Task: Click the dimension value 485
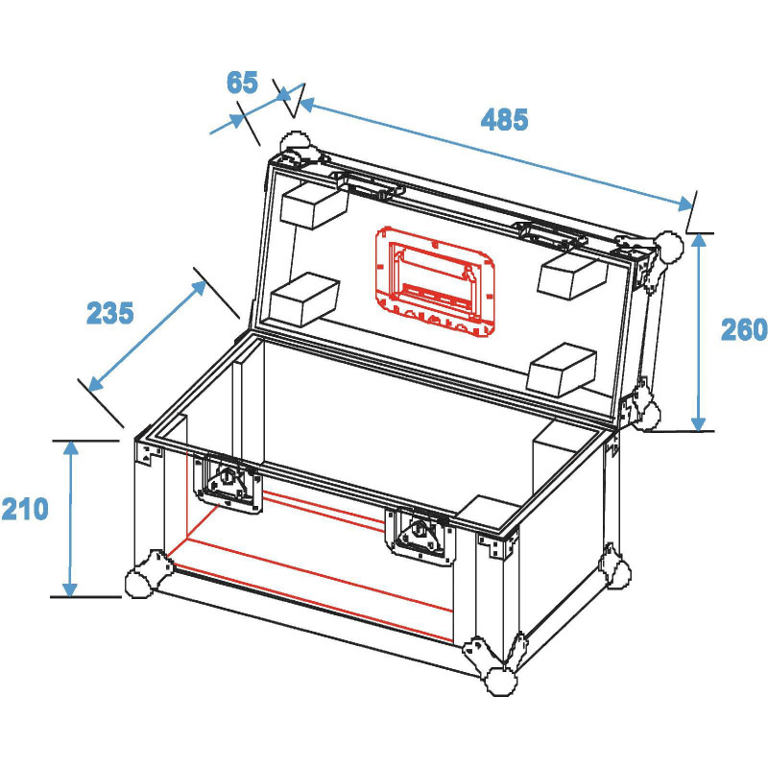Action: (x=504, y=119)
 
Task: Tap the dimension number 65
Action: (x=242, y=83)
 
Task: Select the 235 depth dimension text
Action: (x=109, y=313)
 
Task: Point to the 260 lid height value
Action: (x=743, y=329)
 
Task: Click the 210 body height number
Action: (x=25, y=509)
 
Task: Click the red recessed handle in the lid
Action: (x=435, y=281)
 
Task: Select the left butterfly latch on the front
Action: (x=228, y=484)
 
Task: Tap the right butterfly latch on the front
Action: (x=420, y=536)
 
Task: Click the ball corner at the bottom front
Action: (x=500, y=681)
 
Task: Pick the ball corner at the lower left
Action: (x=139, y=584)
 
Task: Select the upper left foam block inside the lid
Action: (x=314, y=204)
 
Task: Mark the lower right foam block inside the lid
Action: (x=564, y=369)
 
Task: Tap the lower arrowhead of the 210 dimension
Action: (x=70, y=589)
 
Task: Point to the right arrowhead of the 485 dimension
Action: (x=685, y=204)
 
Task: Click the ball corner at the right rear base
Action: (x=619, y=573)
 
